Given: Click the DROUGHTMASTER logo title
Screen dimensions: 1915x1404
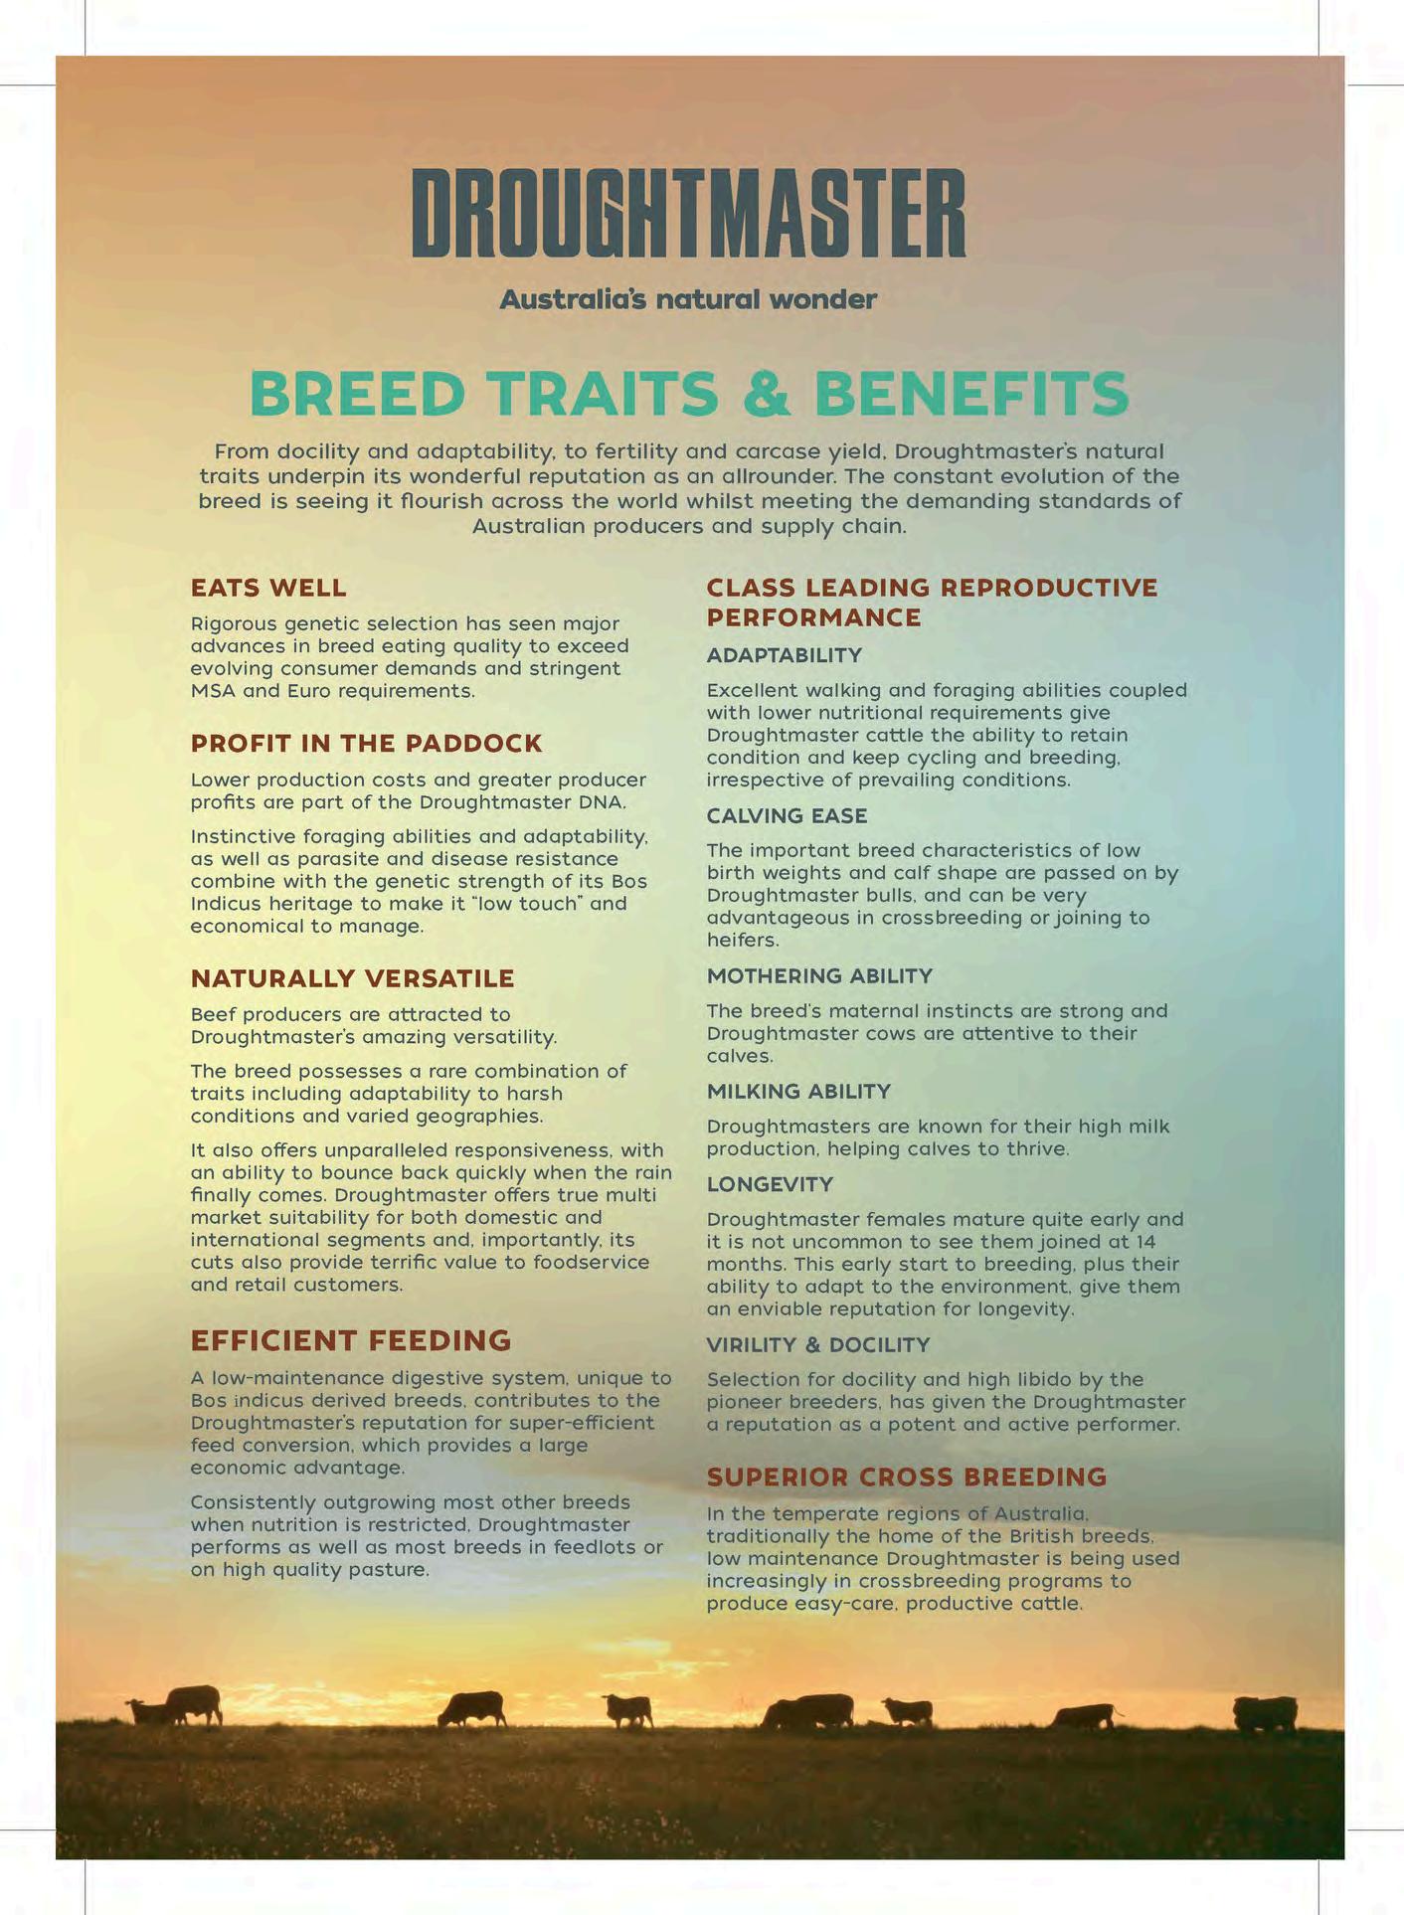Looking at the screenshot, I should (x=688, y=213).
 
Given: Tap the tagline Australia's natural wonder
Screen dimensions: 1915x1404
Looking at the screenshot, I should (x=688, y=299).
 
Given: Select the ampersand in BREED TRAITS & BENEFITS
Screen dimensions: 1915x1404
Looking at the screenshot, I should (x=766, y=394).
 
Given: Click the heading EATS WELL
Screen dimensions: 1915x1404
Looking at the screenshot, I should (x=268, y=588).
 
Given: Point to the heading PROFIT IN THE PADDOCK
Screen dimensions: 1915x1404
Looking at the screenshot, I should (x=366, y=744).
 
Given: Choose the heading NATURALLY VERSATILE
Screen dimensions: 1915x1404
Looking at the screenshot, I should (x=352, y=978).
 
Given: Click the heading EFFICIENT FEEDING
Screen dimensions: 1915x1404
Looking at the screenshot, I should (x=350, y=1340).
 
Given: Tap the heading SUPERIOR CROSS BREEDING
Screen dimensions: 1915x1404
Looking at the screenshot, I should (x=906, y=1477).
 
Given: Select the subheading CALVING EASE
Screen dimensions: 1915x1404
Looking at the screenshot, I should (x=787, y=816).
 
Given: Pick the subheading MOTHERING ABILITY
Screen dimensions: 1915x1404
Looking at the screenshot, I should (x=819, y=976).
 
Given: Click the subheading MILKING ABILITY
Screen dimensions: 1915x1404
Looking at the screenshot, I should (x=798, y=1092).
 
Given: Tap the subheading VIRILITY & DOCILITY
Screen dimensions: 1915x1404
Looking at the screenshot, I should (x=817, y=1345).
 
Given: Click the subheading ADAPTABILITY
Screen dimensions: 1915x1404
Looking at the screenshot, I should (x=784, y=655).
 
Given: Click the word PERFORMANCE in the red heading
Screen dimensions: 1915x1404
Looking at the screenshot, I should (x=813, y=617).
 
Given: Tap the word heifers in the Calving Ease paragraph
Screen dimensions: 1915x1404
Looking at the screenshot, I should (x=742, y=940).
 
